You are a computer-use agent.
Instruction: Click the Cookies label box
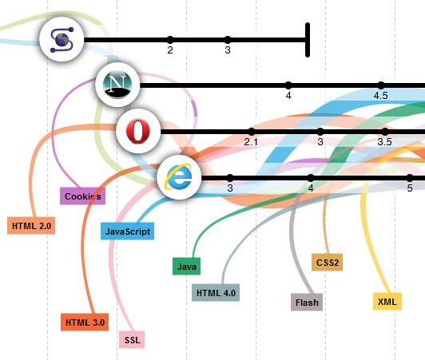point(82,196)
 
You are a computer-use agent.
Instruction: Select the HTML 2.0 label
point(31,225)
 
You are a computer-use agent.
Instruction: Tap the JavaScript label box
point(127,231)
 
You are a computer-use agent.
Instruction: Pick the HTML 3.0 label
point(85,322)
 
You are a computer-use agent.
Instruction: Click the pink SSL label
point(132,339)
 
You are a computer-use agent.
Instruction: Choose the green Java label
point(186,266)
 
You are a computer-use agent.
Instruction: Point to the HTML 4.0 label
point(216,293)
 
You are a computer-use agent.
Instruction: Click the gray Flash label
point(307,302)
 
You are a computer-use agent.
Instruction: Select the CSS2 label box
point(328,262)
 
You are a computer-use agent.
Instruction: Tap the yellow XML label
point(387,301)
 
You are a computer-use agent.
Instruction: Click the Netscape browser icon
point(117,85)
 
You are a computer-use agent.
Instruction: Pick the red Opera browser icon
point(138,131)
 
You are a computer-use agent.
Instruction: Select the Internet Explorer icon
point(179,177)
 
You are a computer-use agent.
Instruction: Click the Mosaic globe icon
point(62,40)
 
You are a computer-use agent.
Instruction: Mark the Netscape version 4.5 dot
point(381,85)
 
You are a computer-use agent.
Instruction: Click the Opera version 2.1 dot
point(252,132)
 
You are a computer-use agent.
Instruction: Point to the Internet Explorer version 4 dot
point(311,178)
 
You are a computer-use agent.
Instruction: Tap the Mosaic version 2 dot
point(170,40)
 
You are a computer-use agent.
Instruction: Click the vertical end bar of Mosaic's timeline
point(308,40)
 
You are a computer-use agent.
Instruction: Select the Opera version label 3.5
point(384,141)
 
